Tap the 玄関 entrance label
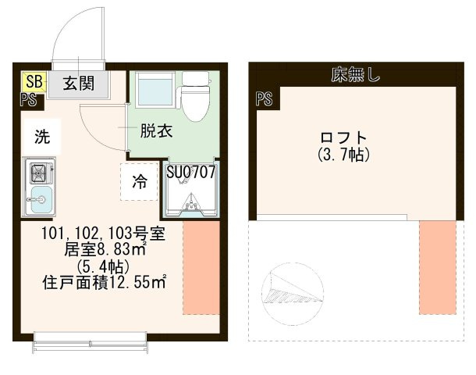pos(79,83)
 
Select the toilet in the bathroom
pos(191,93)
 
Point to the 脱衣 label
pos(155,131)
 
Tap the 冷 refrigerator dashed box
pos(140,182)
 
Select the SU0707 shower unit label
pos(190,170)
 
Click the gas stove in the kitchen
pos(38,171)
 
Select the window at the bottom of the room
pos(91,337)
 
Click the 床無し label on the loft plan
pos(354,75)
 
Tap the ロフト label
pos(343,137)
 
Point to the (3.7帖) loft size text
pos(343,155)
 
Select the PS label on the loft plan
pos(263,98)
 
